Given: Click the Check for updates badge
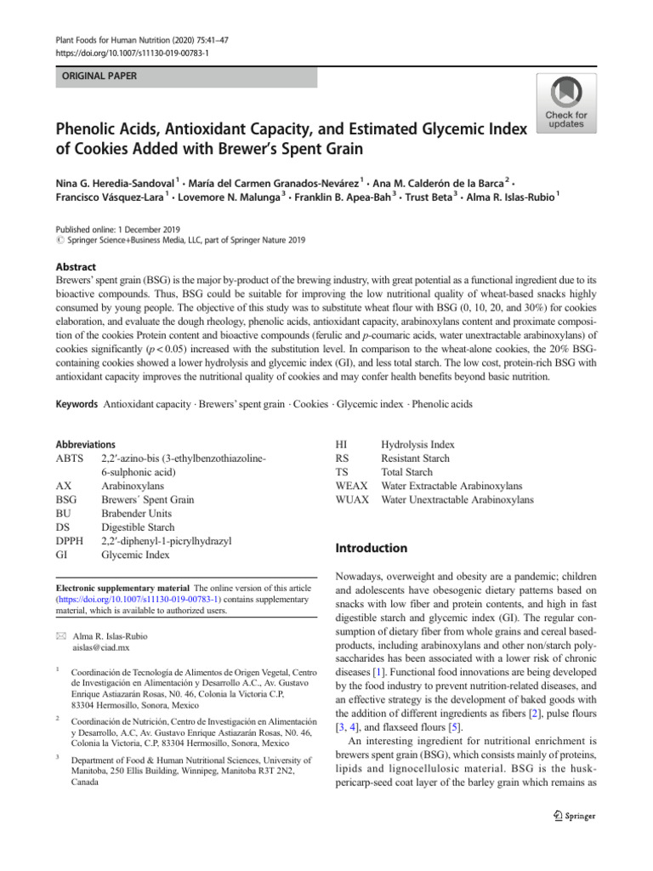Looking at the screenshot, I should (565, 104).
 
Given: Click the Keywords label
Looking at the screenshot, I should (76, 404).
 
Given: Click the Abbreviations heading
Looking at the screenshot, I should (84, 444).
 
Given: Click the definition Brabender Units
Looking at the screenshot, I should (136, 514).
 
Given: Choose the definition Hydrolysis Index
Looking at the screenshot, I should (417, 445).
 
